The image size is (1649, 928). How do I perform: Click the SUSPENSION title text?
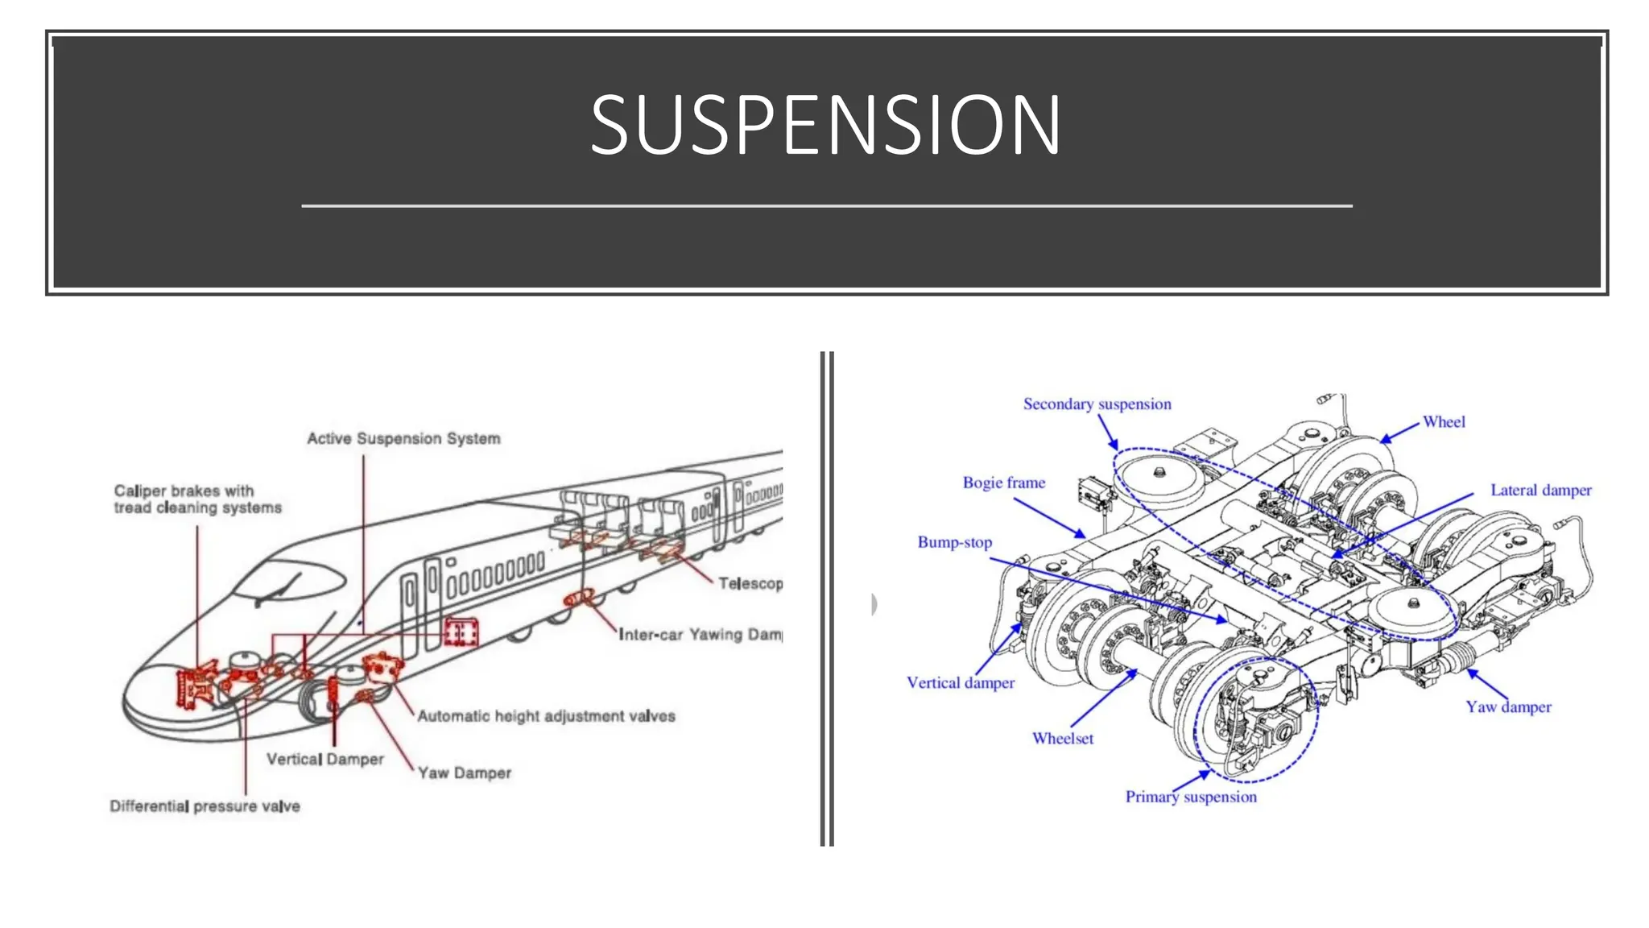pos(825,125)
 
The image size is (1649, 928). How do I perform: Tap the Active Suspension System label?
pos(403,439)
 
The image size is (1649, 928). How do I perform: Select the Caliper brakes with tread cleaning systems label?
pos(197,499)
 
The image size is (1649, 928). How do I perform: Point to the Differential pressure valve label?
pos(205,806)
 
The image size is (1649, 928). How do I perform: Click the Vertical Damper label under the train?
pos(324,760)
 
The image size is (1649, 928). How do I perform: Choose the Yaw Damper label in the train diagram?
pos(465,773)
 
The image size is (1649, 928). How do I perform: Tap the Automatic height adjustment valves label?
pos(546,716)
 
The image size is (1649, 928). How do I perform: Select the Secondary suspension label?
pos(1097,404)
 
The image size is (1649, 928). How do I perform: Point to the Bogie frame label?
pos(1003,483)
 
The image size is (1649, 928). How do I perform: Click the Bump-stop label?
pos(954,543)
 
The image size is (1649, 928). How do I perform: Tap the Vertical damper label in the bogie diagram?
pos(960,683)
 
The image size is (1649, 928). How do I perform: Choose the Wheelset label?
pos(1062,739)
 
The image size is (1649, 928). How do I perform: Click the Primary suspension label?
pos(1190,797)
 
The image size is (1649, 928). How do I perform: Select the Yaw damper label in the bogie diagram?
pos(1507,707)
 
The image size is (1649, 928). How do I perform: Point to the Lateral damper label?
pos(1540,491)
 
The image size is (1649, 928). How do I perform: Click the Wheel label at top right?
pos(1443,422)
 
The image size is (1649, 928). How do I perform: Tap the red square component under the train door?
pos(461,633)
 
